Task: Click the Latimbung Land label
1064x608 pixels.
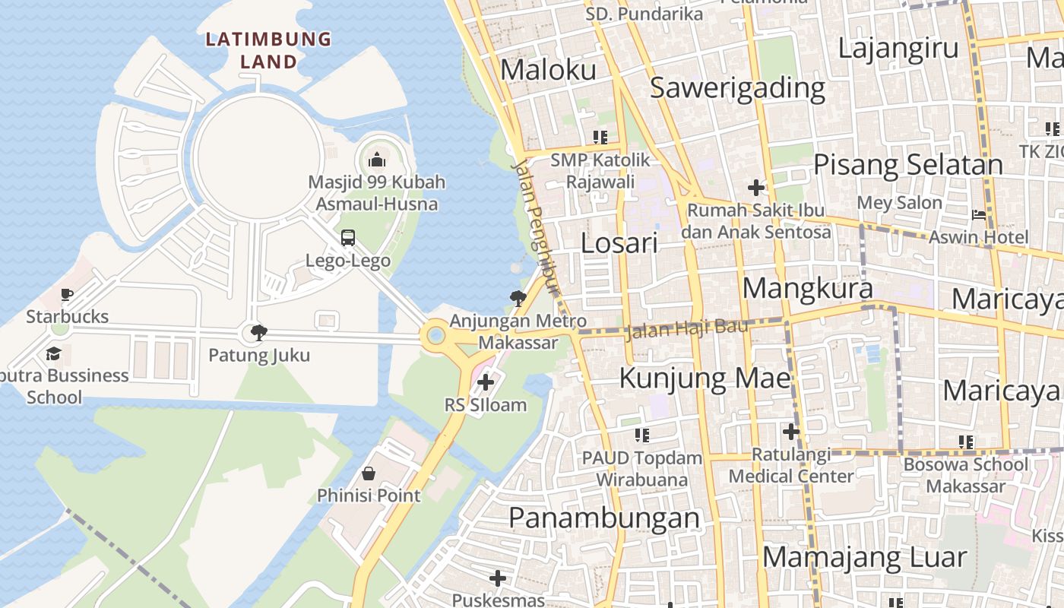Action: [269, 50]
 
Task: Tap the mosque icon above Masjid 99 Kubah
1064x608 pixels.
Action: [376, 160]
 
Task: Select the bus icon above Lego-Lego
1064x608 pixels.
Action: [348, 238]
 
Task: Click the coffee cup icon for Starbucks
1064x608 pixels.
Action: [67, 294]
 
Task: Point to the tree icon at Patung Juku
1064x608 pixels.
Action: [258, 332]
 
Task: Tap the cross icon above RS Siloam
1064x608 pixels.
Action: [485, 382]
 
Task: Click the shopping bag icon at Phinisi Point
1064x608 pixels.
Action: [369, 473]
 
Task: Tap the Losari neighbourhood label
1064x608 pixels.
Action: [619, 243]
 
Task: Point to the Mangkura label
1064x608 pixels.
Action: [807, 289]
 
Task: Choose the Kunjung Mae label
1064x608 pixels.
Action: [705, 378]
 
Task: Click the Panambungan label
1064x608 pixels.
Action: [603, 518]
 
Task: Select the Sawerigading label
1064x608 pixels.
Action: [737, 88]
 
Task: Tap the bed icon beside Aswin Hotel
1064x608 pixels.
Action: [979, 214]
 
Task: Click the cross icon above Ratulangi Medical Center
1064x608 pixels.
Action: [790, 432]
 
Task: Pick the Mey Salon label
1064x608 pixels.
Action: [899, 203]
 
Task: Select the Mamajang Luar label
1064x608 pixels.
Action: [864, 557]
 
